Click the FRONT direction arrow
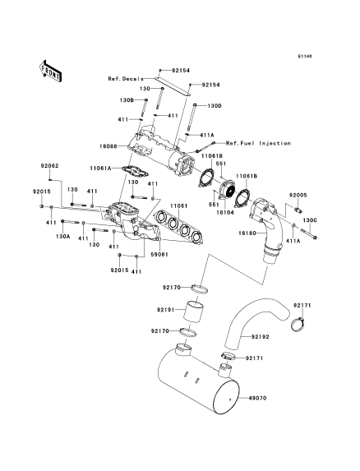tap(50, 71)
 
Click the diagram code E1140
tap(305, 56)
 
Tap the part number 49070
tap(257, 399)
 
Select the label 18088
tap(108, 146)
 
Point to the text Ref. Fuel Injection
tap(258, 143)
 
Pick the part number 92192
tap(260, 337)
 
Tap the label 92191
tap(165, 310)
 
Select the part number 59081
tap(159, 255)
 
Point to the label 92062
tap(50, 166)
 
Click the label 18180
tap(247, 233)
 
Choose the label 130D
tap(215, 106)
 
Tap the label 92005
tap(298, 196)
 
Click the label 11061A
tap(100, 169)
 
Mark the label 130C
tap(310, 220)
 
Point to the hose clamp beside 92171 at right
tap(298, 325)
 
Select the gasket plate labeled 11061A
tap(136, 171)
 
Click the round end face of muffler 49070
tap(225, 397)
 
